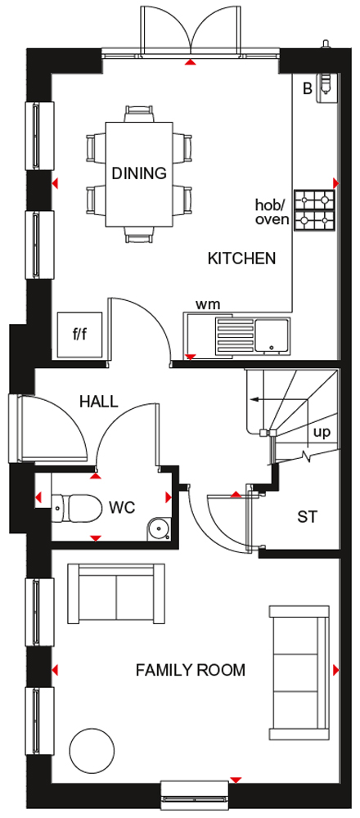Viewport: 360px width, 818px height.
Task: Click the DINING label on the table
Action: [139, 173]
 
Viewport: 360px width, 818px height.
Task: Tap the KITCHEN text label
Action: [241, 258]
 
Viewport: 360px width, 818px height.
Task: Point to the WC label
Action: [123, 507]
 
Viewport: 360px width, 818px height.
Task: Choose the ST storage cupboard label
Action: [308, 517]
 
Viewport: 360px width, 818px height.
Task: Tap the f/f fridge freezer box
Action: [80, 335]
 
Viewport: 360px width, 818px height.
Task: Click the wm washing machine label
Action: [208, 303]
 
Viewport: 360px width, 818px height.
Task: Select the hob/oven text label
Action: [272, 211]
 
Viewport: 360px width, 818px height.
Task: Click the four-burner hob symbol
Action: [315, 210]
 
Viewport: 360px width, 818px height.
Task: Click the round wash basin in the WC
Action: [158, 528]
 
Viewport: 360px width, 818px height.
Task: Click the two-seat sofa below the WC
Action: [116, 593]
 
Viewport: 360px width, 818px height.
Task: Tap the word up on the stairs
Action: [322, 433]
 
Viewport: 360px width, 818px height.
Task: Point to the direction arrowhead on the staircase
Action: [254, 400]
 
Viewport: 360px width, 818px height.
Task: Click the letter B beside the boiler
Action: [308, 88]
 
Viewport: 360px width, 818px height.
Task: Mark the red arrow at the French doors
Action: [192, 63]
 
